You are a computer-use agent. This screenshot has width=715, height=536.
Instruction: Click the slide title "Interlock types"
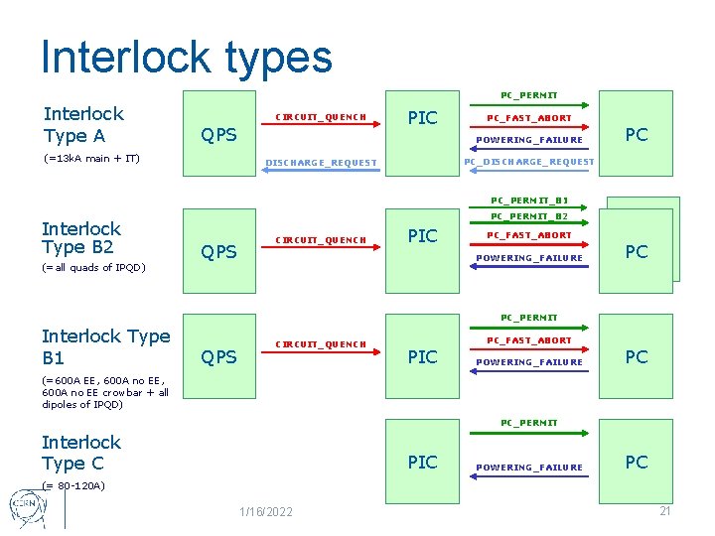coord(186,57)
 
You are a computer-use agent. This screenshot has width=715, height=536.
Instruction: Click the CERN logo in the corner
coord(27,506)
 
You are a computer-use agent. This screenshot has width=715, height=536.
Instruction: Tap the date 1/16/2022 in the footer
coord(265,511)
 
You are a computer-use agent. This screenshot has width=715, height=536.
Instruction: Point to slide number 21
coord(664,510)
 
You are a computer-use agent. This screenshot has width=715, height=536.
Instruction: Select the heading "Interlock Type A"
coord(83,125)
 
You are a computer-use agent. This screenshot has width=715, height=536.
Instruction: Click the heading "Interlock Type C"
coord(81,453)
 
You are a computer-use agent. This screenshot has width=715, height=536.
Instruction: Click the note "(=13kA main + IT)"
coord(91,159)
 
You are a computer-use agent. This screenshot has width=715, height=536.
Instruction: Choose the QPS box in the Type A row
coord(218,134)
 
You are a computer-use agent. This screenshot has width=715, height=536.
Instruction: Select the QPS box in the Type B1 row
coord(218,356)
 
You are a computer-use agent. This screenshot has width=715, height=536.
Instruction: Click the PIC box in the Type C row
coord(423,462)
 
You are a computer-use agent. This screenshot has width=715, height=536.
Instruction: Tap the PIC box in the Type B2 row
coord(423,236)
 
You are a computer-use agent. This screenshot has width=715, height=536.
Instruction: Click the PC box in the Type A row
coord(636,134)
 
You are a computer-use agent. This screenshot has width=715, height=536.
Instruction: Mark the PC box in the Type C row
coord(636,462)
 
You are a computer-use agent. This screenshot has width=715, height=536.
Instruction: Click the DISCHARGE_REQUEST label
coord(320,163)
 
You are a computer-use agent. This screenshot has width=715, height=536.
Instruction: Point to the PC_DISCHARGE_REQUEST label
coord(529,162)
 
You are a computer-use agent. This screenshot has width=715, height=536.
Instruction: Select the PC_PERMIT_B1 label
coord(529,200)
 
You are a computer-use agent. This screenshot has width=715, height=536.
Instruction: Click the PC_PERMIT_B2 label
coord(529,216)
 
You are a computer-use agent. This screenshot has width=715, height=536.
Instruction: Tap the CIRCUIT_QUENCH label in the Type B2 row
coord(321,239)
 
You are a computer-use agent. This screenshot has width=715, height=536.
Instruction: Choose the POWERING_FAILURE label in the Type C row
coord(529,468)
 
